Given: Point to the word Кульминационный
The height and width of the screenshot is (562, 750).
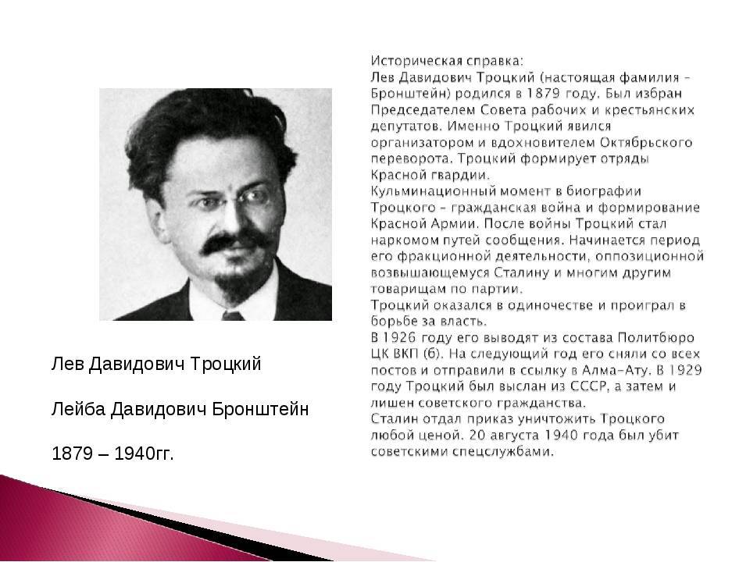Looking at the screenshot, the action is coord(434,191).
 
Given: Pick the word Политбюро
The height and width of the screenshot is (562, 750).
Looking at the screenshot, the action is coord(655,337).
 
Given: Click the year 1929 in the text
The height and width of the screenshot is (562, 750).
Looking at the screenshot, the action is coord(685,370).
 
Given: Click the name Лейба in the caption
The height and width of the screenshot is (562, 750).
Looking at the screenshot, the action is coord(78,408).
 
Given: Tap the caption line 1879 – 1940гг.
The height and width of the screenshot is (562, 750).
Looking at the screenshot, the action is coord(112,453).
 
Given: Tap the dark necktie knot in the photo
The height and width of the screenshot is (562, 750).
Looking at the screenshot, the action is coord(233,315).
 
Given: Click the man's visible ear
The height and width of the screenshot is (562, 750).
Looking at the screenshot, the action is coord(155,218).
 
